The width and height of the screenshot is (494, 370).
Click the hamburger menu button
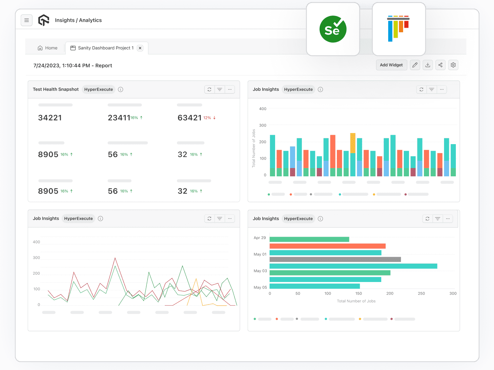click(27, 20)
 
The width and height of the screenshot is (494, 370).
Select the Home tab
click(48, 48)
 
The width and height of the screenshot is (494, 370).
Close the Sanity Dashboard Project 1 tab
click(140, 48)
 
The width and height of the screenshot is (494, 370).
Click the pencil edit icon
click(415, 65)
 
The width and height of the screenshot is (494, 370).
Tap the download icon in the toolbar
click(428, 65)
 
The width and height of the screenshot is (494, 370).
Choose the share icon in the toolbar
click(440, 65)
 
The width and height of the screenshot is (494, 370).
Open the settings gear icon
click(453, 65)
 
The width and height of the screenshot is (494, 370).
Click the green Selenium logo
click(333, 29)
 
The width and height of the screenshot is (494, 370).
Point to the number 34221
click(50, 118)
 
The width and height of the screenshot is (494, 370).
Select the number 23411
click(119, 118)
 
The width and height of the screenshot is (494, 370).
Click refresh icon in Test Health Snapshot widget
click(210, 89)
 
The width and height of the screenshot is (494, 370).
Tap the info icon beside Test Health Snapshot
click(121, 89)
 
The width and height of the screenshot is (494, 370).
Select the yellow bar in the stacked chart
click(353, 143)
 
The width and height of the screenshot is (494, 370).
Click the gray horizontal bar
click(335, 259)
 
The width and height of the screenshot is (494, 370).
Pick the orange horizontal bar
click(327, 246)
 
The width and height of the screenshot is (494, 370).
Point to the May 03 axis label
click(260, 271)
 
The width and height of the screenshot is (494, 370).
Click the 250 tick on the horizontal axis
click(421, 293)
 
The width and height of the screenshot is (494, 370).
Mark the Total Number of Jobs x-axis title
click(356, 301)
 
